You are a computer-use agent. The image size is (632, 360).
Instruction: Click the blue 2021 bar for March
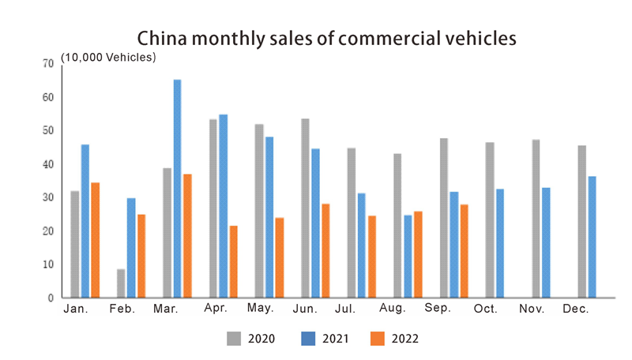[x=177, y=189]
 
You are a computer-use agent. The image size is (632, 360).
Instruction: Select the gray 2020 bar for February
[x=121, y=283]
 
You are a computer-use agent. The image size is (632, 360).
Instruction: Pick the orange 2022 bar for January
[x=96, y=240]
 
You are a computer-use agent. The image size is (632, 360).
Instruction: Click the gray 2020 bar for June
[x=305, y=208]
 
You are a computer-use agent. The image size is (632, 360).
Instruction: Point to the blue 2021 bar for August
[x=408, y=257]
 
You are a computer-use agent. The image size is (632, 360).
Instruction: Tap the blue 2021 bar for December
[x=592, y=237]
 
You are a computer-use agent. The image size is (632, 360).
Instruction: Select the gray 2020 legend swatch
[x=235, y=339]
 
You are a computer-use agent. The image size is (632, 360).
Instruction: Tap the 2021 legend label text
[x=335, y=339]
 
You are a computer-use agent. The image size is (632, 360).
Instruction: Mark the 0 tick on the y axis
[x=51, y=298]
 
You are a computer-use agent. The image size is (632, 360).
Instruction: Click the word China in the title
[x=163, y=38]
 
